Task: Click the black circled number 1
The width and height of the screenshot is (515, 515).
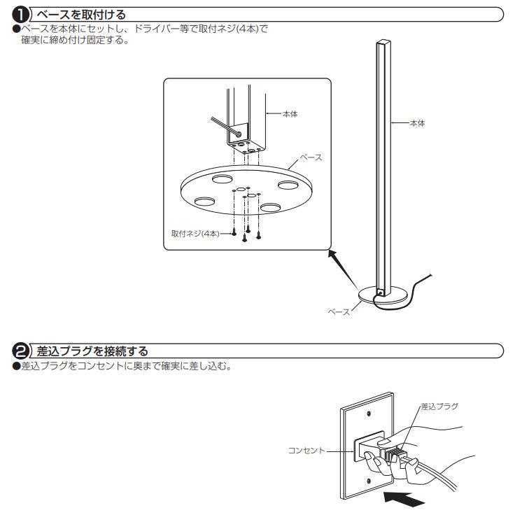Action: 22,13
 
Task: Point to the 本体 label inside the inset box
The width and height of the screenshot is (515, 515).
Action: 289,113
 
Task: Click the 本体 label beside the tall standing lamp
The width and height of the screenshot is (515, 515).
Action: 417,122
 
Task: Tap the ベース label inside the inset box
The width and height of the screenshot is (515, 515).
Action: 310,157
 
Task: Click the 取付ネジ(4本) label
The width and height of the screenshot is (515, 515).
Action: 195,232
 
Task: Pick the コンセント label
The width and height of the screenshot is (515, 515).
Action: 306,451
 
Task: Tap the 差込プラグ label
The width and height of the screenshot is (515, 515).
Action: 439,407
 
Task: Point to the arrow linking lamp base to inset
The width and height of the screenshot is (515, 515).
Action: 342,269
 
